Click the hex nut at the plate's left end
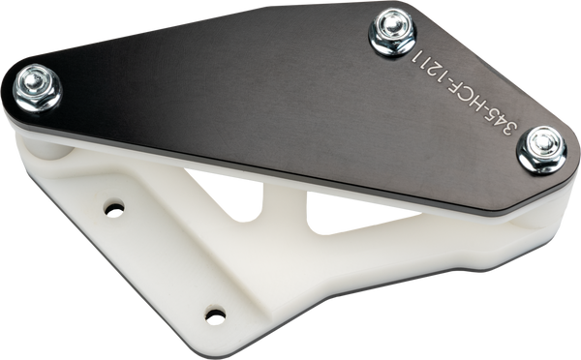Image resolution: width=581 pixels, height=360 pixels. [37, 88]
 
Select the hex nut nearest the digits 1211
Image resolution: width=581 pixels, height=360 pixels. [392, 31]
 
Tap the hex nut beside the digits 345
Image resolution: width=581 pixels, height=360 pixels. [542, 149]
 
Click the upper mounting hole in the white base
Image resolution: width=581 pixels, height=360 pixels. [114, 210]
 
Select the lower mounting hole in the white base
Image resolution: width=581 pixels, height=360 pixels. [215, 315]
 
